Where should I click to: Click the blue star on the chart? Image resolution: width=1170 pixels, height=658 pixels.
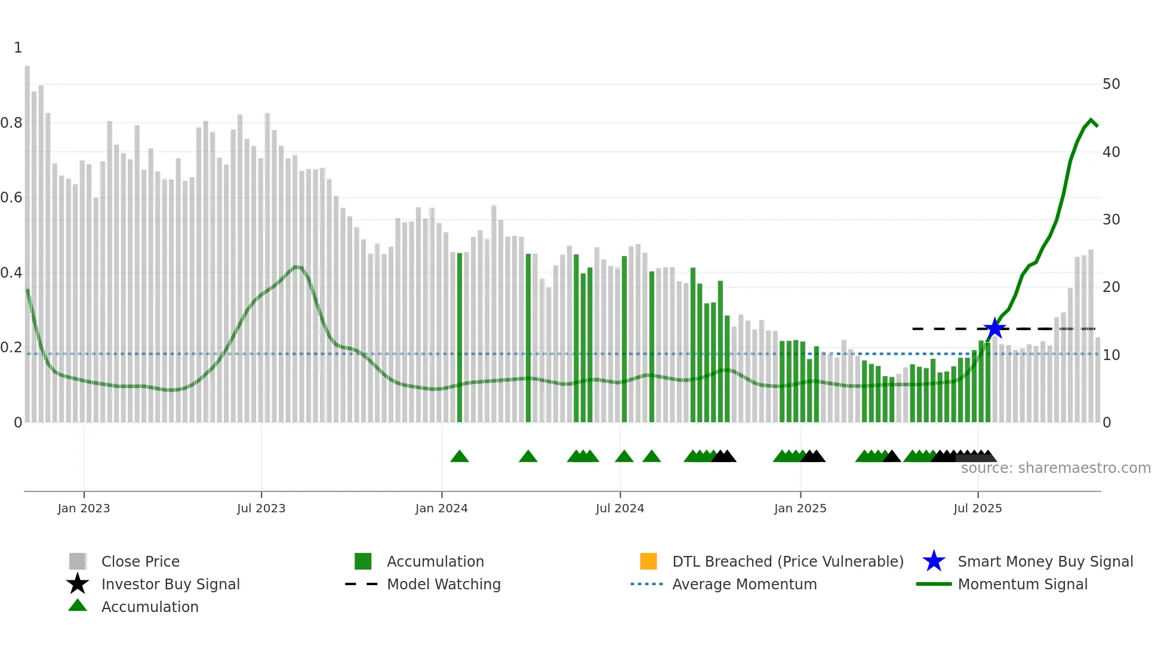[x=995, y=328]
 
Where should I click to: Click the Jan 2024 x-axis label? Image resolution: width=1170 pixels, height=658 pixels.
[x=441, y=508]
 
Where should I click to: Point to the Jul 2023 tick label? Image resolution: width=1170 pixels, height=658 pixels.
[x=261, y=508]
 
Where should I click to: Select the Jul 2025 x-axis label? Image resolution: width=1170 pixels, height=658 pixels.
[x=977, y=508]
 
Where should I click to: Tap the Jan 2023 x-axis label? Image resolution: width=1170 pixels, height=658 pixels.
[x=84, y=508]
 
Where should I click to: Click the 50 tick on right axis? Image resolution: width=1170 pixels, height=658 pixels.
[x=1111, y=84]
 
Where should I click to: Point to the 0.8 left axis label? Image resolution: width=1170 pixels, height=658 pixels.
[x=11, y=123]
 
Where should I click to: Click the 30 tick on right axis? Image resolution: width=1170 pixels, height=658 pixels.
[x=1111, y=220]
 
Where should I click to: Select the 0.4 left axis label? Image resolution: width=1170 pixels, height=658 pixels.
[x=11, y=273]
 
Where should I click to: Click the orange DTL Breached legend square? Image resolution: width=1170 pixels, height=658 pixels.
[x=648, y=561]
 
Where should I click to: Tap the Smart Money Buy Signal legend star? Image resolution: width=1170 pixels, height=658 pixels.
[x=934, y=561]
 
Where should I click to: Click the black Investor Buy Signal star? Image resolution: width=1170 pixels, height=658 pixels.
[x=78, y=584]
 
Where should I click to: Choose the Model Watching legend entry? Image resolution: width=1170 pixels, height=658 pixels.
[x=444, y=584]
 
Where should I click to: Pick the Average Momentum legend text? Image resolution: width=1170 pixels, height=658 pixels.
[x=744, y=584]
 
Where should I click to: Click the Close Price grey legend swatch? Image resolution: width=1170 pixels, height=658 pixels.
[x=78, y=561]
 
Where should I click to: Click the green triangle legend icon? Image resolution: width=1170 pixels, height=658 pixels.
[x=78, y=605]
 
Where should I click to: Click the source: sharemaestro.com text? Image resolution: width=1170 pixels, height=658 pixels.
[x=1055, y=468]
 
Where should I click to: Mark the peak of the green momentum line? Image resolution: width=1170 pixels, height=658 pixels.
[x=1091, y=121]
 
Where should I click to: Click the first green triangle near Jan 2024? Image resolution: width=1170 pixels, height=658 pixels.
[x=459, y=457]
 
